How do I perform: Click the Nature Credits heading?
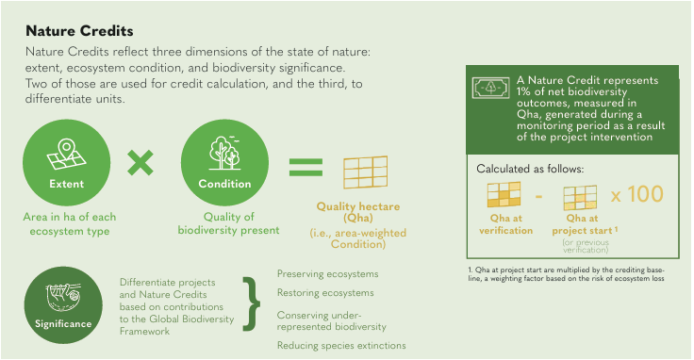pyautogui.click(x=79, y=31)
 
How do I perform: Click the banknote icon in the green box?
pyautogui.click(x=487, y=89)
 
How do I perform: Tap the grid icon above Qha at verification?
pyautogui.click(x=504, y=196)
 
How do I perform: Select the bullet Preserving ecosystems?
pyautogui.click(x=327, y=273)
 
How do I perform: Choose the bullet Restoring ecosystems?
pyautogui.click(x=325, y=293)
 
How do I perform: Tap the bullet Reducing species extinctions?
pyautogui.click(x=340, y=346)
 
